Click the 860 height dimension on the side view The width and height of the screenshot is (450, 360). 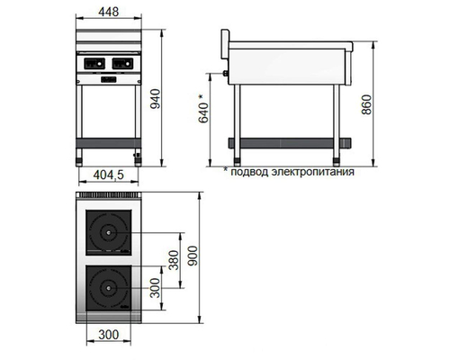pyautogui.click(x=364, y=103)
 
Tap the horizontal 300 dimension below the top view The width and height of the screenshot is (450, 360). pyautogui.click(x=109, y=336)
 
